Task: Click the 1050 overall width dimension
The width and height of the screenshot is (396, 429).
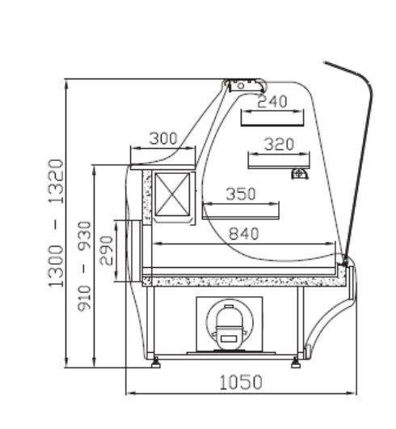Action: [x=241, y=382]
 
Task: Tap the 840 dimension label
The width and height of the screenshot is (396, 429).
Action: [x=243, y=234]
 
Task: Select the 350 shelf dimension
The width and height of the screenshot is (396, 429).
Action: [x=241, y=193]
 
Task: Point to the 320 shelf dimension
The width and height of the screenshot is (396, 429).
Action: [x=279, y=144]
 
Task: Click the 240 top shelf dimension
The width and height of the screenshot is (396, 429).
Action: [x=272, y=101]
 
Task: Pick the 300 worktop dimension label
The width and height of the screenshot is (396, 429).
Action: [x=163, y=138]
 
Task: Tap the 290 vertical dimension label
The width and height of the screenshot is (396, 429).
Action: [x=106, y=251]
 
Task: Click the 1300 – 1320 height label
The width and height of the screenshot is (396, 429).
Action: [x=56, y=223]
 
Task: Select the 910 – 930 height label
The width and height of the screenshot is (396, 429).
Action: [x=84, y=266]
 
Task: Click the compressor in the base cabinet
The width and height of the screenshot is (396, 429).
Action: [x=230, y=327]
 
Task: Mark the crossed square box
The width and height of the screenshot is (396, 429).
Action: [x=172, y=195]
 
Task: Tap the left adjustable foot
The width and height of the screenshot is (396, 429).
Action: [x=155, y=363]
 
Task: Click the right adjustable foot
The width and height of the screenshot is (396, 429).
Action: [x=296, y=363]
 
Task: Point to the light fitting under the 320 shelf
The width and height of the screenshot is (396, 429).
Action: [x=300, y=174]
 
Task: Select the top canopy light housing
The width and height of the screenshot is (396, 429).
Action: [x=244, y=85]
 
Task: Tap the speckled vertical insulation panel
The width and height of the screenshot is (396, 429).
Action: [x=147, y=198]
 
